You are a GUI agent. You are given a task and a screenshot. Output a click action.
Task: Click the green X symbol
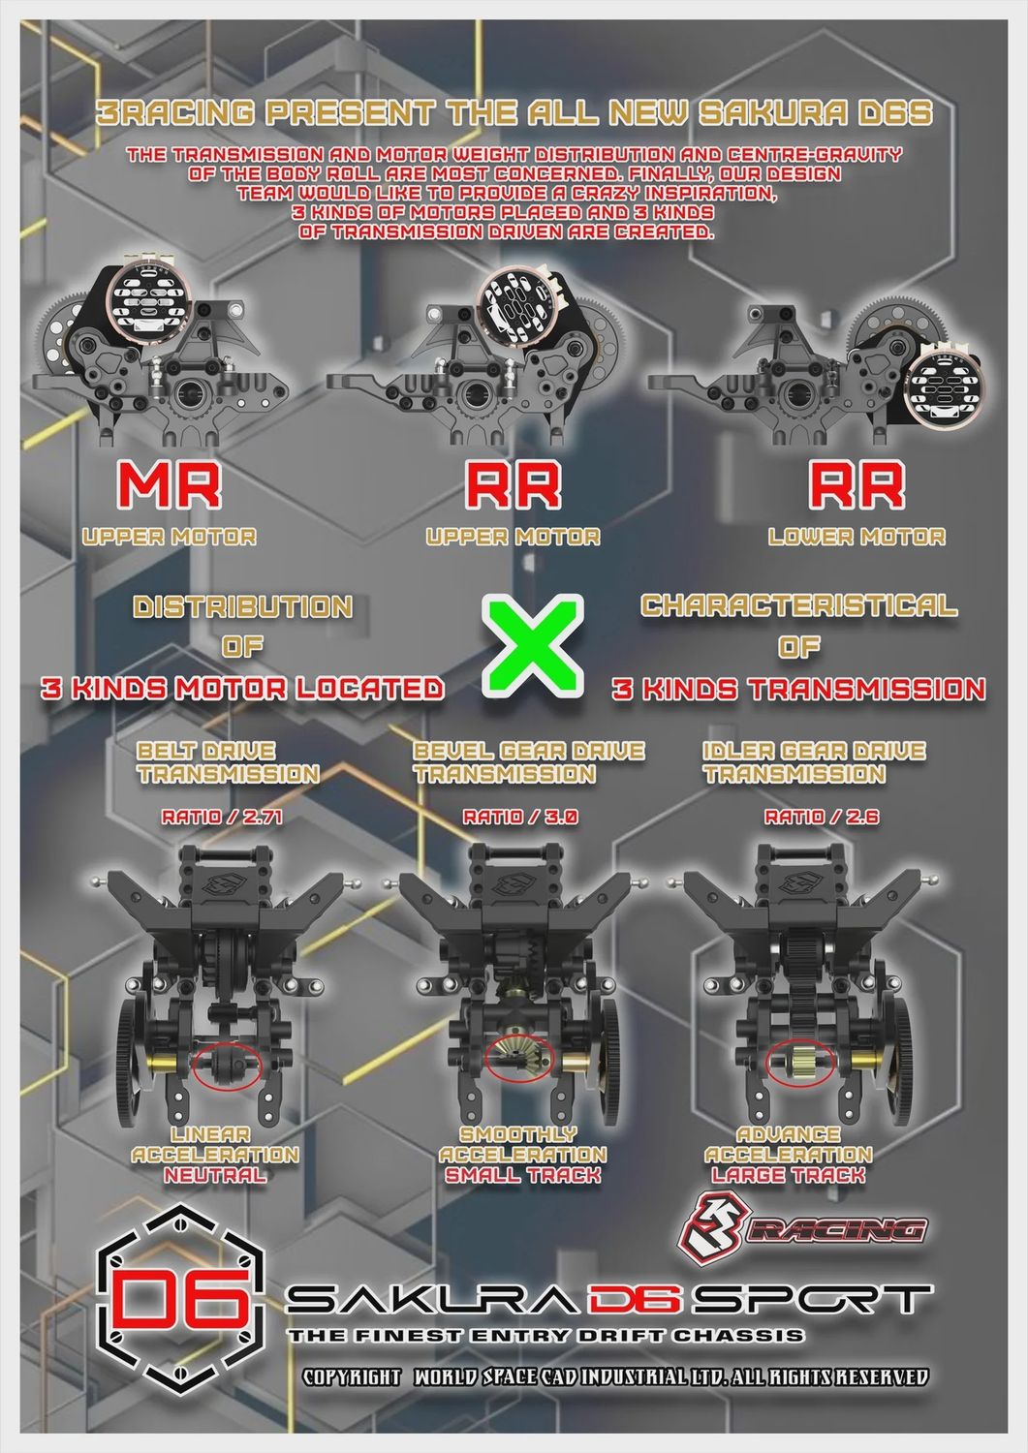(x=532, y=646)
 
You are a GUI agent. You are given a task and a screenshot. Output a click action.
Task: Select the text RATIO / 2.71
(x=222, y=817)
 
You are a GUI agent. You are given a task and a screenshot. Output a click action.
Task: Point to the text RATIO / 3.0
(x=520, y=817)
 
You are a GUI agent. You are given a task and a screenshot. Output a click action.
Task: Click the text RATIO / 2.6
(x=822, y=817)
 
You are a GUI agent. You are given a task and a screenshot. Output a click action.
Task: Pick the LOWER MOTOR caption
(x=857, y=537)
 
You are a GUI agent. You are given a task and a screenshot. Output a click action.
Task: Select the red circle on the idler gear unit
(x=801, y=1062)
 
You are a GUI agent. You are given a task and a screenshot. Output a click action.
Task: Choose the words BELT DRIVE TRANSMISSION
(x=227, y=762)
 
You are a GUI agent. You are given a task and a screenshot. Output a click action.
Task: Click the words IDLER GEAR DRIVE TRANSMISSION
(x=814, y=762)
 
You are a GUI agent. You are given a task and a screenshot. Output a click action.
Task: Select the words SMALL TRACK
(x=522, y=1175)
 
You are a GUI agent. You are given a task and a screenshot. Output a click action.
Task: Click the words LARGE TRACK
(x=789, y=1175)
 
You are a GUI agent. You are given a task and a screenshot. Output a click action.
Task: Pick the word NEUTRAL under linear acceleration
(x=215, y=1175)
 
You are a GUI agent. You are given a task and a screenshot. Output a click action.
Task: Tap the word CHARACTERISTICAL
(x=799, y=605)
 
